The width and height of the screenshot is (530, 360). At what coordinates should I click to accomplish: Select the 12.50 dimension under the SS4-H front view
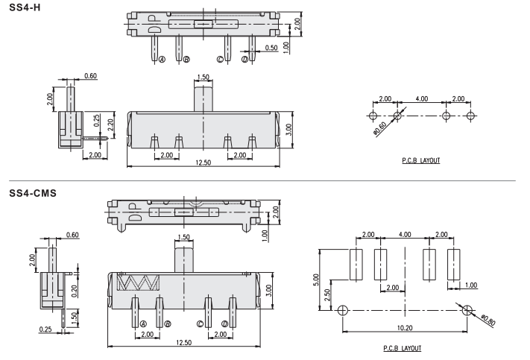pyautogui.click(x=202, y=163)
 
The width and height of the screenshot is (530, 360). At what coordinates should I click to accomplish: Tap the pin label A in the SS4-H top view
pyautogui.click(x=161, y=60)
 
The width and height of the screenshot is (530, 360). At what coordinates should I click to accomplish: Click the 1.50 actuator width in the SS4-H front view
pyautogui.click(x=204, y=78)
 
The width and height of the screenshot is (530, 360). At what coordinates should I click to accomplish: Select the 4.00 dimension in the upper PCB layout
pyautogui.click(x=421, y=99)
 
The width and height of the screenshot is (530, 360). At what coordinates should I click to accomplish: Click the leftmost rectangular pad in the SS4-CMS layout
pyautogui.click(x=356, y=264)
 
